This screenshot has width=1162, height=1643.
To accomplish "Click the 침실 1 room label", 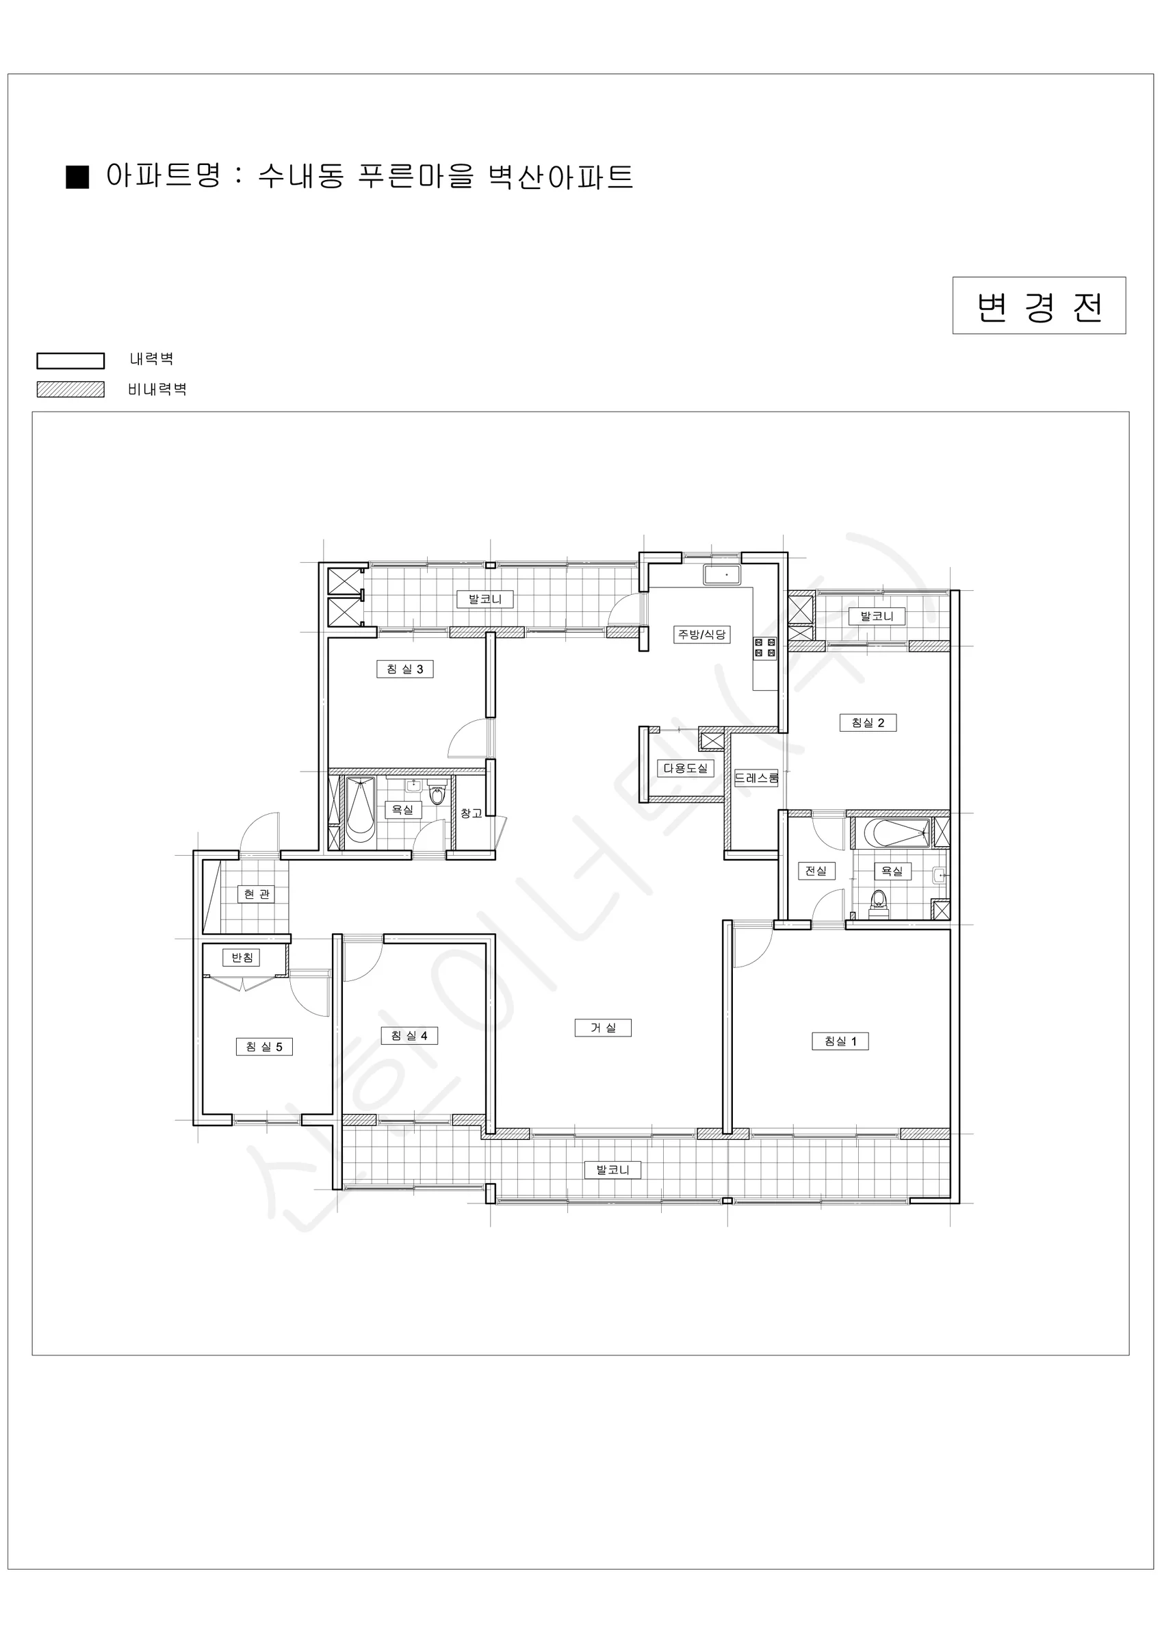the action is pyautogui.click(x=840, y=1041).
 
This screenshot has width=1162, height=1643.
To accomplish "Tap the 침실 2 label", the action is pyautogui.click(x=868, y=723).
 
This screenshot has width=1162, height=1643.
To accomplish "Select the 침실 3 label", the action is pyautogui.click(x=405, y=669).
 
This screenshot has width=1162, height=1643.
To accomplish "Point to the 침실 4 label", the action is pyautogui.click(x=409, y=1036).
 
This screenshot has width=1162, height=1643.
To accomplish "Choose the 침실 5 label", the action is pyautogui.click(x=264, y=1047).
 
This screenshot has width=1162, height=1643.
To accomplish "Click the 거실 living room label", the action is pyautogui.click(x=603, y=1028).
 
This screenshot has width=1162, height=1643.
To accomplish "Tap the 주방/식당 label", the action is pyautogui.click(x=702, y=634).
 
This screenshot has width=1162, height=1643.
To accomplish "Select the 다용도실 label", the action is pyautogui.click(x=686, y=768).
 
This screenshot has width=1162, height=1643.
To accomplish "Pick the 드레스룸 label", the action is pyautogui.click(x=756, y=778).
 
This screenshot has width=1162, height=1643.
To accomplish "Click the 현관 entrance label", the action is pyautogui.click(x=256, y=894).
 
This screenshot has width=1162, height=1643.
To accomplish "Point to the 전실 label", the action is pyautogui.click(x=816, y=871).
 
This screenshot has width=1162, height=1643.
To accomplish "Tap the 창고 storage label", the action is pyautogui.click(x=471, y=814).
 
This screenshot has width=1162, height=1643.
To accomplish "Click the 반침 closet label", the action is pyautogui.click(x=241, y=958).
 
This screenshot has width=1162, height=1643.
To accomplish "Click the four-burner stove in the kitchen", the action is pyautogui.click(x=765, y=648).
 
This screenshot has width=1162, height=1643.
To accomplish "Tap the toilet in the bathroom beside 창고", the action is pyautogui.click(x=437, y=795).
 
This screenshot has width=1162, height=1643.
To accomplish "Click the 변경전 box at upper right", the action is pyautogui.click(x=1039, y=305).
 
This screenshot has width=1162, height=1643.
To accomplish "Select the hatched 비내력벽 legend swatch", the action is pyautogui.click(x=71, y=390).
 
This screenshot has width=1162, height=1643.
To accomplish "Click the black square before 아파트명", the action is pyautogui.click(x=77, y=177).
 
